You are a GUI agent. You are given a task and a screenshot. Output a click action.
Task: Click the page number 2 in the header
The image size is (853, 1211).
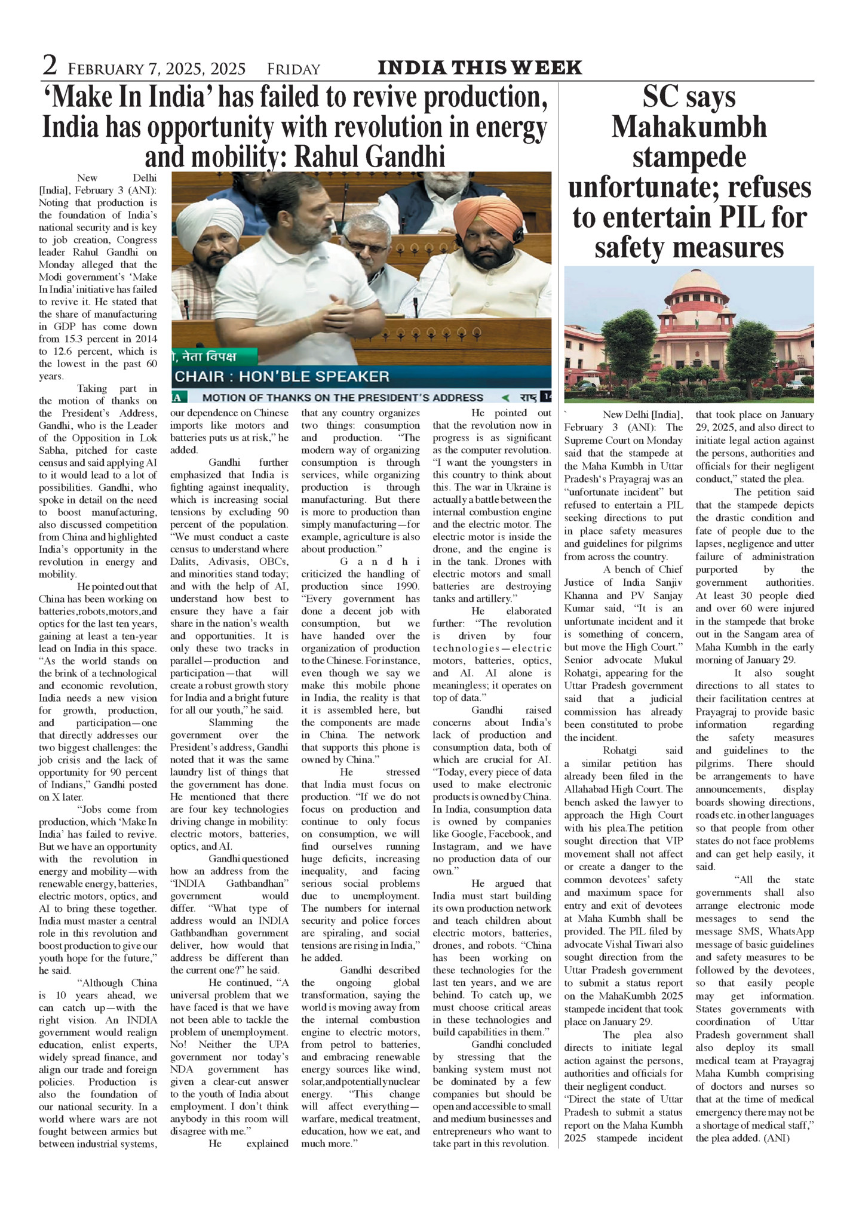coord(50,65)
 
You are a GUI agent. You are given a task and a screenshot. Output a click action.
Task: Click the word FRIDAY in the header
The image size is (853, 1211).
coord(293,69)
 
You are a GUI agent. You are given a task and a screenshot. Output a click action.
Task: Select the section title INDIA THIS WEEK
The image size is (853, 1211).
coord(480,67)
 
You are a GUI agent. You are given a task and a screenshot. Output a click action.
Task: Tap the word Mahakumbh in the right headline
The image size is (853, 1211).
coord(689,127)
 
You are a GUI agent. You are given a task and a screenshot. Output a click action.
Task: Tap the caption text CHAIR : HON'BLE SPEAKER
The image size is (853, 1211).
coord(281,376)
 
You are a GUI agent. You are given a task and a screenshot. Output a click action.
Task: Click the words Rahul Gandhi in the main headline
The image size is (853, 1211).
coord(370,157)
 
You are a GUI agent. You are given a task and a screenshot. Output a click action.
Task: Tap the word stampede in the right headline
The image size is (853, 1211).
coord(689,157)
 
